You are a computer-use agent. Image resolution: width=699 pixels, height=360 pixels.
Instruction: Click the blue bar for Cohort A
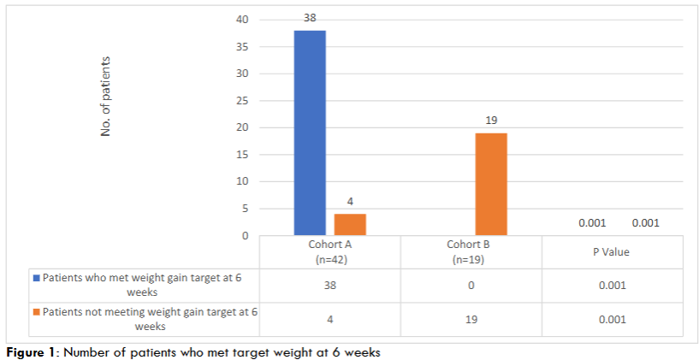(310, 133)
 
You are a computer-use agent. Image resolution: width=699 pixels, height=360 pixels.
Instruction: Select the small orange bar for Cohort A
(350, 224)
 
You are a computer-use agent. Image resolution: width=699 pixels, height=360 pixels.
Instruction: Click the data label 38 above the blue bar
(310, 17)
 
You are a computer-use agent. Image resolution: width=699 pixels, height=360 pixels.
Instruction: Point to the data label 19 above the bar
(491, 120)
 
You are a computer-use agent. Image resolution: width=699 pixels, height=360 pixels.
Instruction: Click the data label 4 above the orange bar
(350, 202)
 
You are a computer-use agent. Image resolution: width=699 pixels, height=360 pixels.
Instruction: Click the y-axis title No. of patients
(107, 96)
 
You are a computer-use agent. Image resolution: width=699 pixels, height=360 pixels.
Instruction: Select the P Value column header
(613, 252)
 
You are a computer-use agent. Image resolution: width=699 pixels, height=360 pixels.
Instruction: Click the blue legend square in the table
(37, 279)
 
